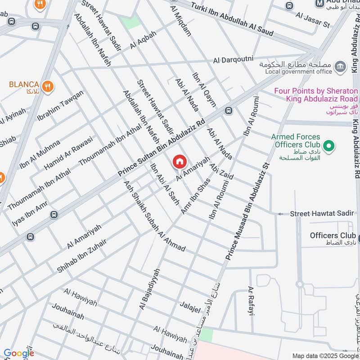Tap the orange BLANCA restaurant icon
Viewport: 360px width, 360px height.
click(47, 85)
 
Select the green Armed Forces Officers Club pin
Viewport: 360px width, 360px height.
click(329, 145)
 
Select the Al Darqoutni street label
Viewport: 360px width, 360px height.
click(234, 59)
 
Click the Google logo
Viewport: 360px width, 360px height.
click(19, 353)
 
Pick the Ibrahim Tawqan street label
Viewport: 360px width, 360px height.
click(67, 105)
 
